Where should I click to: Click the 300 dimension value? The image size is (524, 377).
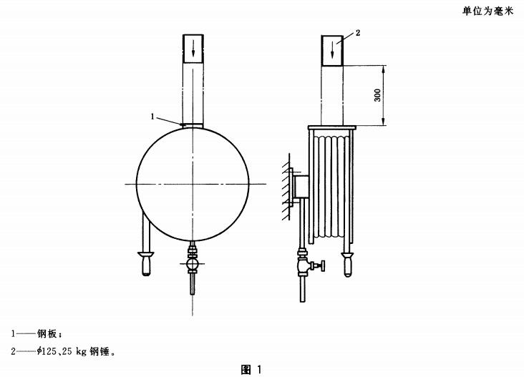tap(377, 95)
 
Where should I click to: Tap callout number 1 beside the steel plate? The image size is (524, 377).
tap(152, 117)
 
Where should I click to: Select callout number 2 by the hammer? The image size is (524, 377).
tap(358, 33)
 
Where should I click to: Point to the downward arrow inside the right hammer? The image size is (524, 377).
tap(332, 51)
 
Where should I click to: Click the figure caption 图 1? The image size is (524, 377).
tap(251, 369)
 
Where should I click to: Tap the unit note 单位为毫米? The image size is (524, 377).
tap(487, 11)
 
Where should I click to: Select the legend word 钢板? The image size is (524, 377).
tap(47, 333)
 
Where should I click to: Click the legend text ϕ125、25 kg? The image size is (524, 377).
tap(62, 351)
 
